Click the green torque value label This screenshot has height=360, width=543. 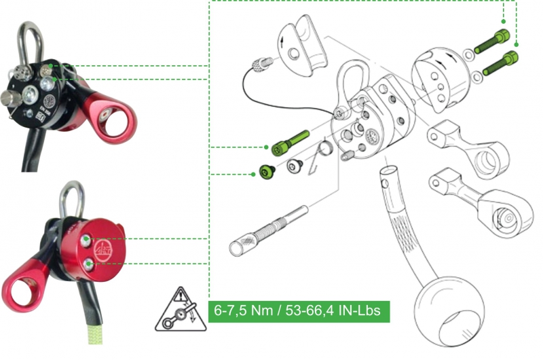point(299,311)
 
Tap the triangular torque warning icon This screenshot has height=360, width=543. point(181,310)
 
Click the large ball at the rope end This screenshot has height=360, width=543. point(449,312)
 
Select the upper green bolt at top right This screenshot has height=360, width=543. point(492,41)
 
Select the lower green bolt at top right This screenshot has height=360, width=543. point(500,62)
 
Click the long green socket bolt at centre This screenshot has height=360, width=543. point(290,143)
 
